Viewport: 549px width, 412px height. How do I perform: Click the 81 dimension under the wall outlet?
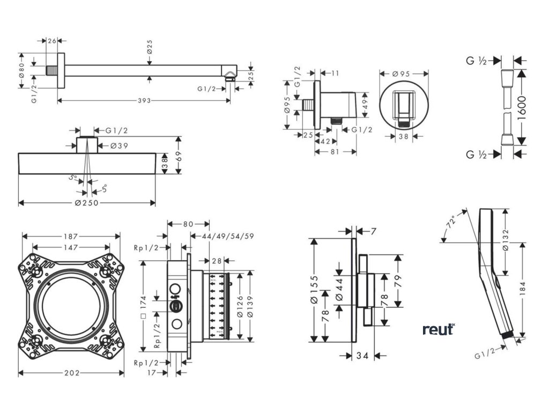335,152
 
